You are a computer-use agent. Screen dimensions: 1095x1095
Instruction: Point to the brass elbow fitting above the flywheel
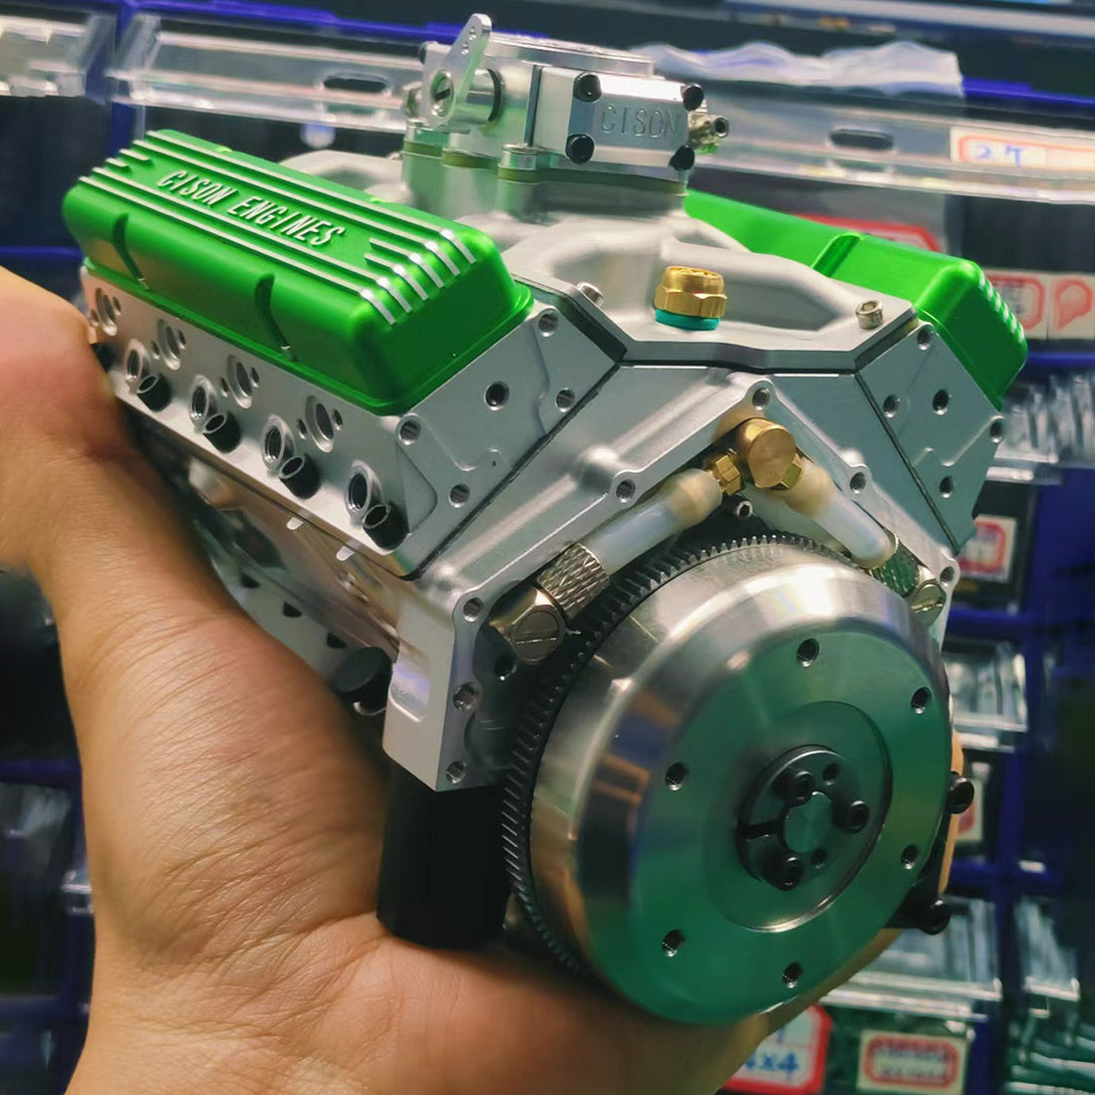768,454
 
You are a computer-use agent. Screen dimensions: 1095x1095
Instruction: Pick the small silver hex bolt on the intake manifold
870,314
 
